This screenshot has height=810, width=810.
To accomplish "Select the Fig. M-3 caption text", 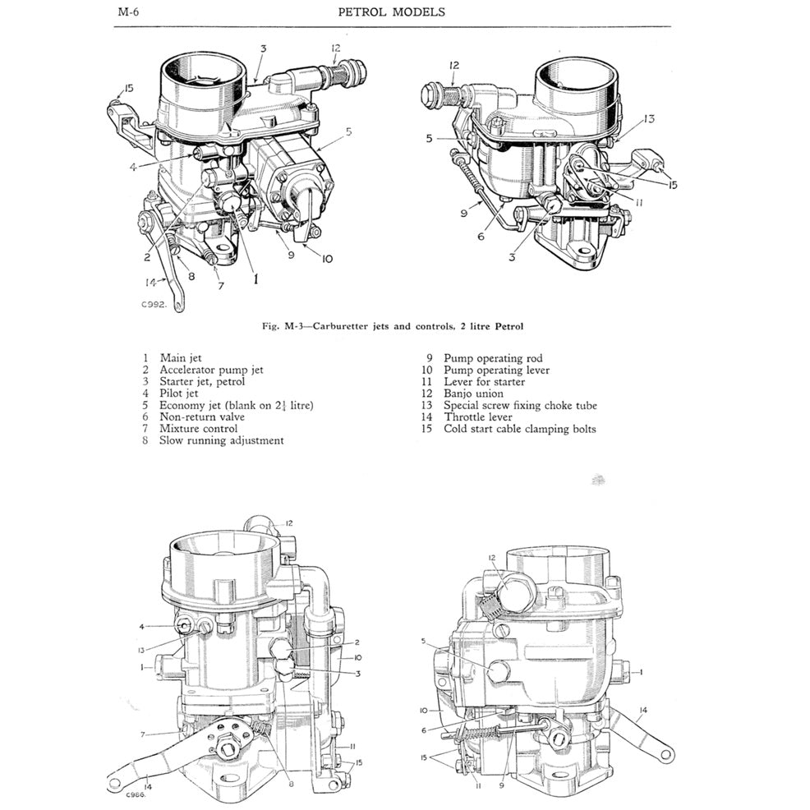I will tap(393, 326).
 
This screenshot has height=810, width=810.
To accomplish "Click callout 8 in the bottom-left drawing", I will tap(289, 784).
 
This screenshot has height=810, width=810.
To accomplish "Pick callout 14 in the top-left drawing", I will tap(151, 282).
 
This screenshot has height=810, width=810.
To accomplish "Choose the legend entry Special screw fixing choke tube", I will tap(519, 405).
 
